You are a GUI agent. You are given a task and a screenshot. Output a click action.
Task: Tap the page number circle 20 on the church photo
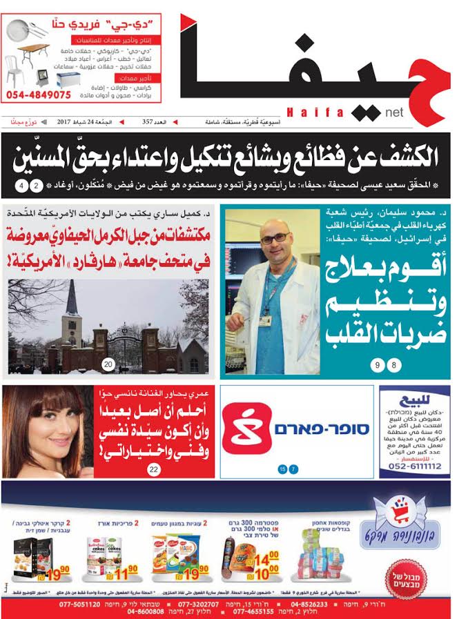108,364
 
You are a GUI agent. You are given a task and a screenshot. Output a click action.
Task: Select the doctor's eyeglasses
274,239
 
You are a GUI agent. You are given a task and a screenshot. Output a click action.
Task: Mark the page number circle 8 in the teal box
394,365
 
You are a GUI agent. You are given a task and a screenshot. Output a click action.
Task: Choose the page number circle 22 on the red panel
153,470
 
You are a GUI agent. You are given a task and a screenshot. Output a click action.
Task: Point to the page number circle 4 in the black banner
23,186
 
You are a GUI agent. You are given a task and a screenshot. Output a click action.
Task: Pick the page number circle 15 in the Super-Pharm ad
282,469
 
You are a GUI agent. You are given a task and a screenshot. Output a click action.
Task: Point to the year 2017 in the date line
68,122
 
